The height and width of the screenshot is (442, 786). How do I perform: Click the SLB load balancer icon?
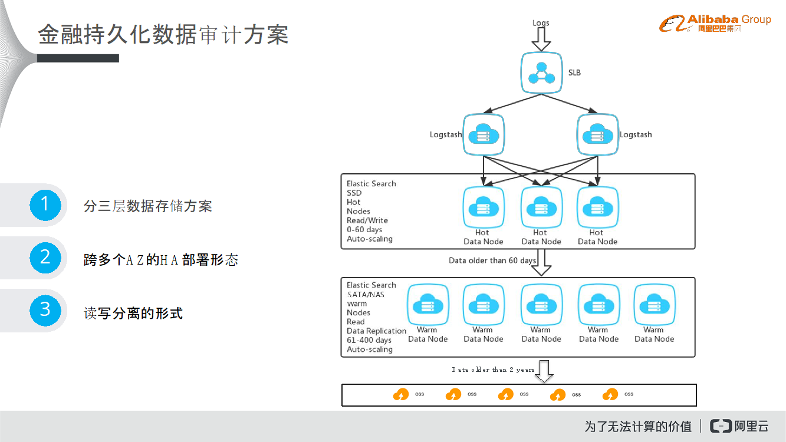[x=541, y=73]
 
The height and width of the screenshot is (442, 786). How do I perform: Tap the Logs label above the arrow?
[x=541, y=23]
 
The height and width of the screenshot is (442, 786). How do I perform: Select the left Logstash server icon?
[x=484, y=135]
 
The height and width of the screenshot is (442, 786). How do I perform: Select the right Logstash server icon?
[x=597, y=135]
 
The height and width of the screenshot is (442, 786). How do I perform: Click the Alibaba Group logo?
[x=715, y=24]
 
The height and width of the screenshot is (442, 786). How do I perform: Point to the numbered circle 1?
[x=45, y=204]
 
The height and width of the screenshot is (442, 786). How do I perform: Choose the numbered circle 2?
[x=45, y=257]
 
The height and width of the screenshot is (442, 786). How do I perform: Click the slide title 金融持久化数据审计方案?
[x=163, y=35]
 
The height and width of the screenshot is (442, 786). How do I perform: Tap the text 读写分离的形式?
[x=133, y=313]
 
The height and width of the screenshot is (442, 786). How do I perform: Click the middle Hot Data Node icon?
[x=541, y=207]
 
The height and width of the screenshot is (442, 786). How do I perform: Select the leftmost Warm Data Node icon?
[x=427, y=305]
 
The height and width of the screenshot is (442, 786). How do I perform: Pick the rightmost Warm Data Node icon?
[x=654, y=305]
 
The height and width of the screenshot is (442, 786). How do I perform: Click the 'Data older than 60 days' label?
[x=492, y=260]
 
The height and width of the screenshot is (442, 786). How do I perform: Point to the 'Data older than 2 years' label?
[x=493, y=370]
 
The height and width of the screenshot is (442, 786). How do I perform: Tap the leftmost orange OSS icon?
[x=401, y=395]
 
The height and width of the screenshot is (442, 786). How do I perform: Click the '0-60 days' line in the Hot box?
[x=364, y=230]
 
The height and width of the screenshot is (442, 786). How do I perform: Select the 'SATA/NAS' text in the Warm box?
[x=366, y=294]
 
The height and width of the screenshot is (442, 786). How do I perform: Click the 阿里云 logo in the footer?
[x=739, y=426]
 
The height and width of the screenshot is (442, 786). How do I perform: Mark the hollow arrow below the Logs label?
[x=541, y=39]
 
